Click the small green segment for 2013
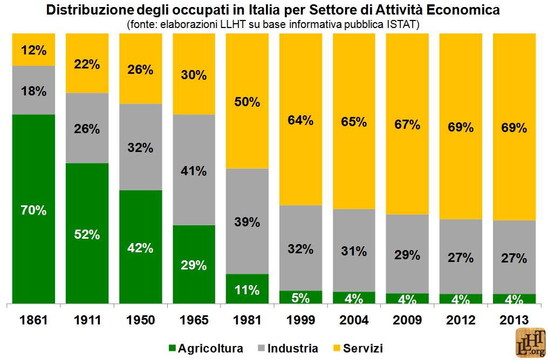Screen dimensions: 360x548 tap(514, 298)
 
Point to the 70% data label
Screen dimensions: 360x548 tap(33, 211)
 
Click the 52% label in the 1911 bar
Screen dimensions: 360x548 tap(87, 234)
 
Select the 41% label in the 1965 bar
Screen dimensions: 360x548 tap(194, 171)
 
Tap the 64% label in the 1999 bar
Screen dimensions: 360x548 tap(300, 120)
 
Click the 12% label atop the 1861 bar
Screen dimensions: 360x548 tap(33, 50)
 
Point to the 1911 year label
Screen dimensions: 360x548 tap(87, 320)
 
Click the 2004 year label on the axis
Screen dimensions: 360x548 tap(354, 320)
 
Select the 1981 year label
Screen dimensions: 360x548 tap(247, 320)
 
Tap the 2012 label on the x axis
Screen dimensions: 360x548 tap(461, 320)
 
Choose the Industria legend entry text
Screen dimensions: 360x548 tap(293, 348)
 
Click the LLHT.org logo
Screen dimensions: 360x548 tap(531, 343)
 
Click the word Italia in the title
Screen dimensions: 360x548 tap(276, 10)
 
